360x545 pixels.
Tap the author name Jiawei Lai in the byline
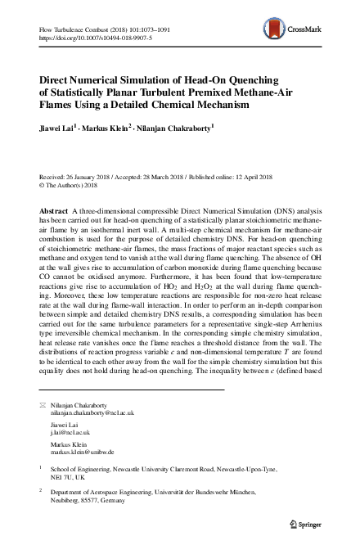point(56,128)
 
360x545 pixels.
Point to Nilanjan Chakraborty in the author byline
point(173,128)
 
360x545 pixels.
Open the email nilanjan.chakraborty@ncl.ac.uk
point(92,414)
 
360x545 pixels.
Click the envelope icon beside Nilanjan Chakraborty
point(43,406)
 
